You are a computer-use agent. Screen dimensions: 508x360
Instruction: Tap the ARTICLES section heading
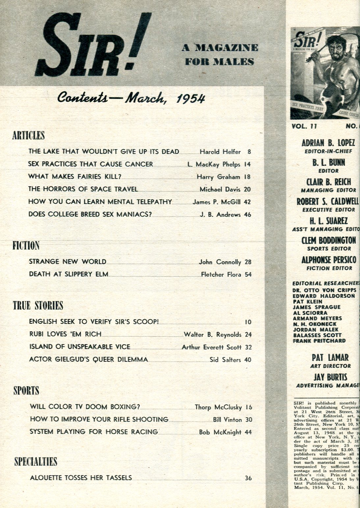28,135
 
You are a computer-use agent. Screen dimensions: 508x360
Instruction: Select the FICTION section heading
26,245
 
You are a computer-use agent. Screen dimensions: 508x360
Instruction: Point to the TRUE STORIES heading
38,306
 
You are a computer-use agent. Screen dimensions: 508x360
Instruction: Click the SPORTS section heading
26,391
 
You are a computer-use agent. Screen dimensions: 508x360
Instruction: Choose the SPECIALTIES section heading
36,461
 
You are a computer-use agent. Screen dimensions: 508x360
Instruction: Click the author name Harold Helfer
220,152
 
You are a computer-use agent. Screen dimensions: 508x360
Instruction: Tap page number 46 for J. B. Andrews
247,215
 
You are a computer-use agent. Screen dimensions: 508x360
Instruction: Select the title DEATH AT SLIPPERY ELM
68,274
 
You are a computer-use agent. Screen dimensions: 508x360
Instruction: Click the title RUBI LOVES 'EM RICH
65,334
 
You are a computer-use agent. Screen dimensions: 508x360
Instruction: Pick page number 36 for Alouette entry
248,478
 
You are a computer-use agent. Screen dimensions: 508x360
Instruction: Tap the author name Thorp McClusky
218,407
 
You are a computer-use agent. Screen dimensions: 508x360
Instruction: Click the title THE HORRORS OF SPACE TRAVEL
83,189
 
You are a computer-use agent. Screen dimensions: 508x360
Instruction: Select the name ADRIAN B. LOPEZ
328,143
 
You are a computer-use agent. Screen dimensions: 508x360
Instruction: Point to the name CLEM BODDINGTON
329,241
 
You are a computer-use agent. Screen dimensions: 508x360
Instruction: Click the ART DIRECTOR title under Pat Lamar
330,366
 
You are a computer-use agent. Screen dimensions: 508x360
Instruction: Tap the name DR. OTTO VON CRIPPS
324,290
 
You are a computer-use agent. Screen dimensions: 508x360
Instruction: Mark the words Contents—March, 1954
131,98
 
